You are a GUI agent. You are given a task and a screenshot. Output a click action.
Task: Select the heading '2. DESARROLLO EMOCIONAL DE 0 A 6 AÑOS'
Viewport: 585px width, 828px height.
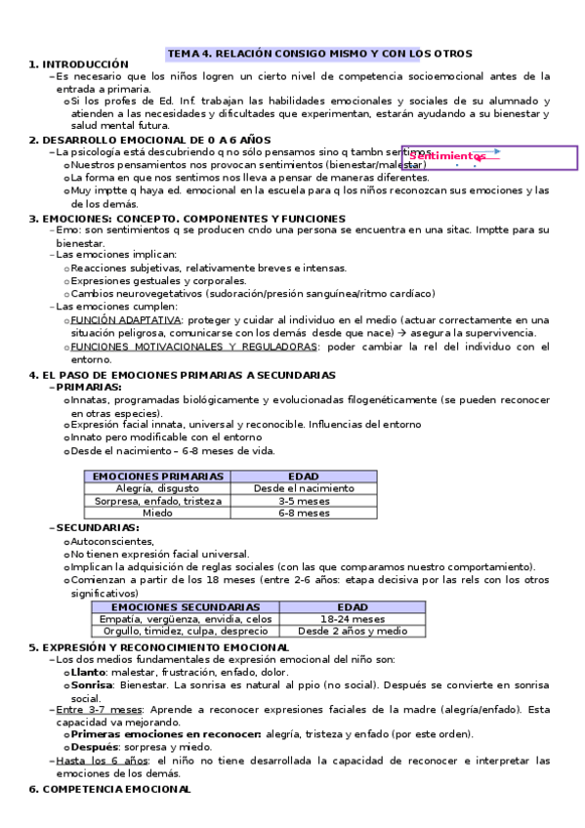[149, 140]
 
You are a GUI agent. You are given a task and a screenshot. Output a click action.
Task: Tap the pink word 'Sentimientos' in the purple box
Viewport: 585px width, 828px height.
[447, 156]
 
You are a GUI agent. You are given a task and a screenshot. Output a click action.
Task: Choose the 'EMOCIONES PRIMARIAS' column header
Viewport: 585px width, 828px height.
[157, 476]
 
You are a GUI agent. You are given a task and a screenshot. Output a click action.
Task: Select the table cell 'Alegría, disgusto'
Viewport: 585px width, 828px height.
[157, 488]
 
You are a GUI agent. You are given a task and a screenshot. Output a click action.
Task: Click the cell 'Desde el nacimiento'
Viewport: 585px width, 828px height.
[304, 488]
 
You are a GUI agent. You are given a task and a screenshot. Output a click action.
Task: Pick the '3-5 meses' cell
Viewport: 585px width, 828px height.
[304, 500]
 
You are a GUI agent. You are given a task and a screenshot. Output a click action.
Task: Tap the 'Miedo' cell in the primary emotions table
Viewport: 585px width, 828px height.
[157, 512]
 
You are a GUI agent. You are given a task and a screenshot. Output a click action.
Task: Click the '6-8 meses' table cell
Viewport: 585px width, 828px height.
[304, 512]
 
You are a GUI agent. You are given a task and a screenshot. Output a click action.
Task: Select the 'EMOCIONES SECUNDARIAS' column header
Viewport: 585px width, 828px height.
[186, 606]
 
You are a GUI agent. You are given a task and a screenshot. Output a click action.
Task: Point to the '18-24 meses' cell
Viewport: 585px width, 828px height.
[353, 618]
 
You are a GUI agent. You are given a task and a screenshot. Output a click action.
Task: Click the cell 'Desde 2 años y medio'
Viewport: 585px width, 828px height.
[353, 630]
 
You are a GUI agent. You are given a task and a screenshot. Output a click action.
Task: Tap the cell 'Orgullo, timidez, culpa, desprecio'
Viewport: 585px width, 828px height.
[186, 630]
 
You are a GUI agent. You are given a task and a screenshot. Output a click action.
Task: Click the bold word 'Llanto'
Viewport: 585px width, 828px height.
[88, 672]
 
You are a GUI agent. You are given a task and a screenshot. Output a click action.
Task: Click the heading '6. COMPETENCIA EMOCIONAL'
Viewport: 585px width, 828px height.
[109, 787]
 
